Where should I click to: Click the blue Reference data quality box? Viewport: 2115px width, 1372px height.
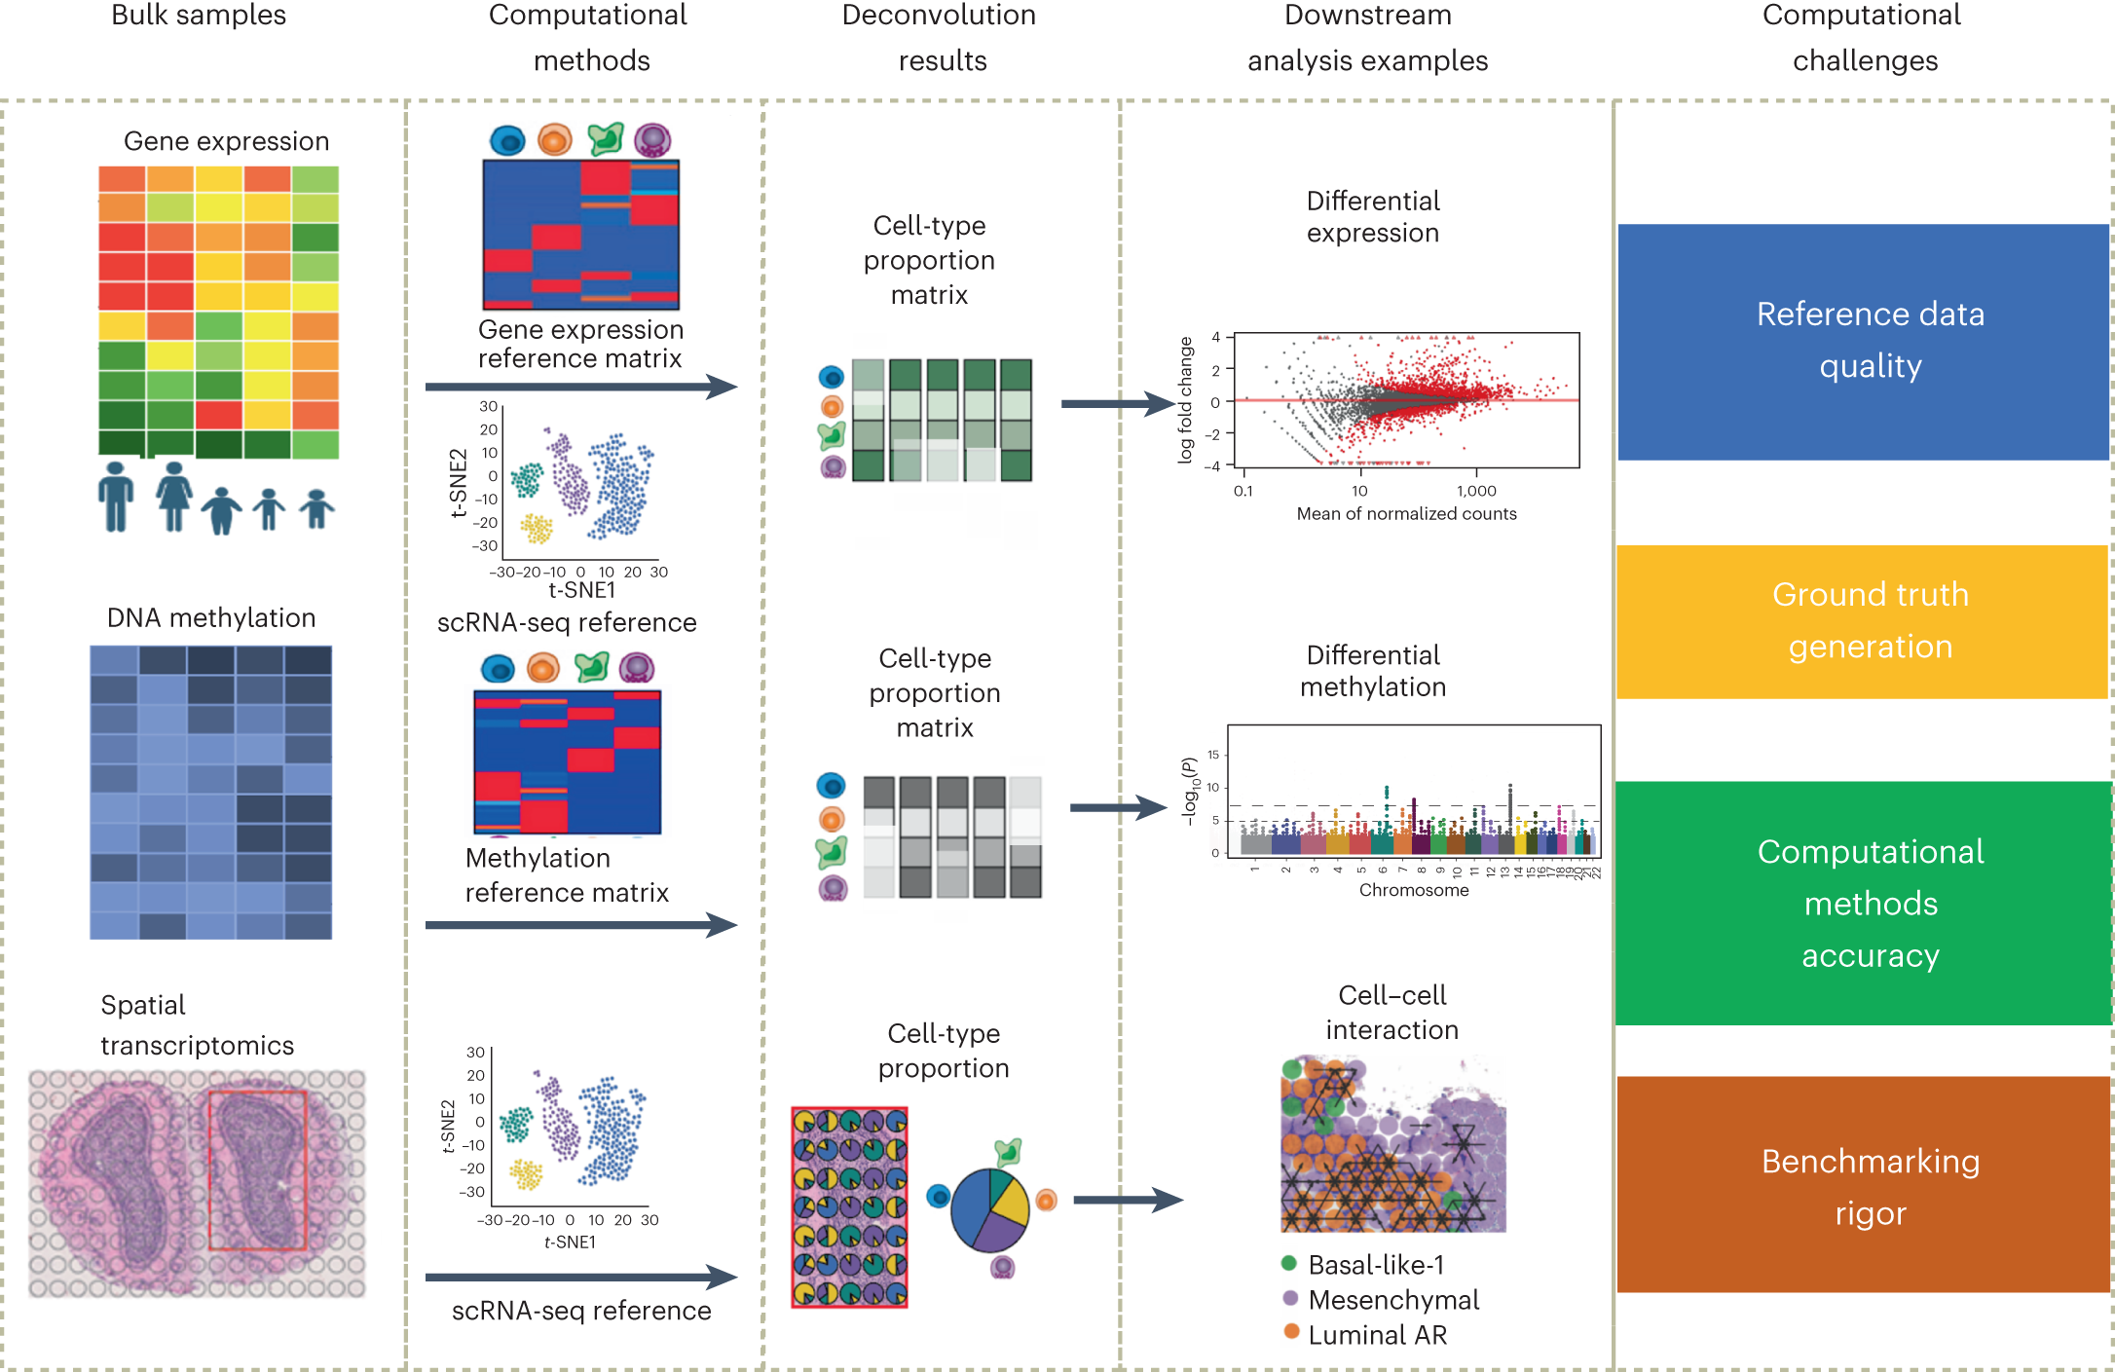coord(1862,341)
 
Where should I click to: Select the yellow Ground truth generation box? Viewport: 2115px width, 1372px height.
coord(1862,621)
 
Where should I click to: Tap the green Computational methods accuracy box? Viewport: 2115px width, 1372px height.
coord(1862,903)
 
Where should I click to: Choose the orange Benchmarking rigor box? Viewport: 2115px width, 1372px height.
coord(1862,1184)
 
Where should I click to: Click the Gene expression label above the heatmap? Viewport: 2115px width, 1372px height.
coord(226,142)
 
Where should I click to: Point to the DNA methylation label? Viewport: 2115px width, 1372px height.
coord(211,618)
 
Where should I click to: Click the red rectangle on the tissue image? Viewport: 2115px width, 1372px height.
coord(258,1169)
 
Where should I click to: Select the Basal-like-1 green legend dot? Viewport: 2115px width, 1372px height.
coord(1289,1264)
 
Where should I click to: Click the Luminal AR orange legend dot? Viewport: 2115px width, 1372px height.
coord(1291,1331)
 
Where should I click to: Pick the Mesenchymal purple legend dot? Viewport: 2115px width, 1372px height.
coord(1290,1298)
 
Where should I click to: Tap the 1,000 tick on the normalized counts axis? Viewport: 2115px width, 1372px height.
coord(1476,491)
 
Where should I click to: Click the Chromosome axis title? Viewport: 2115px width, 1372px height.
coord(1413,890)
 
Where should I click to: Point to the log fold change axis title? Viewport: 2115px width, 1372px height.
coord(1185,400)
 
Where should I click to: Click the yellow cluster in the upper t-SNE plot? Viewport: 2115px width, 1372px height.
coord(536,528)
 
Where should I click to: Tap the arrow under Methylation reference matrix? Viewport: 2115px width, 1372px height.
coord(580,924)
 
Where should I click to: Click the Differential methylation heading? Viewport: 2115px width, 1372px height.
coord(1373,671)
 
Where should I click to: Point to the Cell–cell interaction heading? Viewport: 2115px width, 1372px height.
coord(1391,1013)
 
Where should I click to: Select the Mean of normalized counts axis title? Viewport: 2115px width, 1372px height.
coord(1406,514)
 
